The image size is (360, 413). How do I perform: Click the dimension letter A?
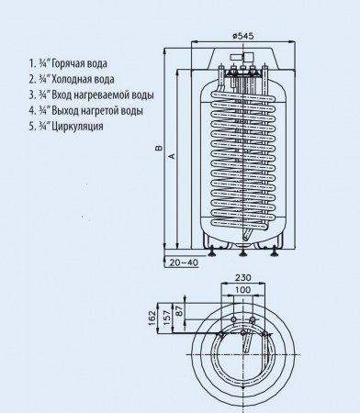171,157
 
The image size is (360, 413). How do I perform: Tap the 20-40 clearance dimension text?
184,263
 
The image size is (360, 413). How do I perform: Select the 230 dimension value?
243,276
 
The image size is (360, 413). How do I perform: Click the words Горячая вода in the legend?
78,63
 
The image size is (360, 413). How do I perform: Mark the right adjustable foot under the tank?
273,251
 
